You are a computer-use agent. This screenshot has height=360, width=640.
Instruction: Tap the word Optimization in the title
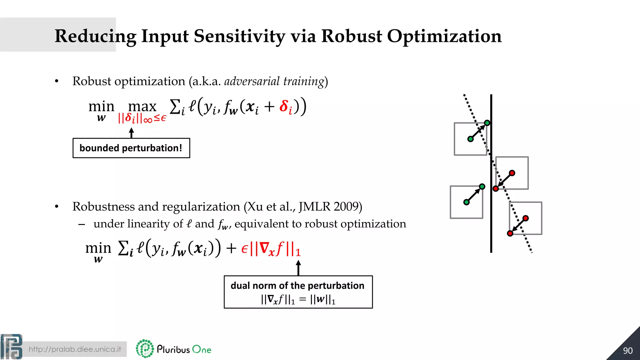[x=444, y=36]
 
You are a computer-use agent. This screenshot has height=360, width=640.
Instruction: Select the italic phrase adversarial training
[x=274, y=81]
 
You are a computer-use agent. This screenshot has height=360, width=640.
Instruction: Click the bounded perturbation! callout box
[x=131, y=148]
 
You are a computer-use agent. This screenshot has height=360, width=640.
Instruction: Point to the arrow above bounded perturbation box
[x=132, y=133]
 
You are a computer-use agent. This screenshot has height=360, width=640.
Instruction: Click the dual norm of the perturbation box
[x=298, y=292]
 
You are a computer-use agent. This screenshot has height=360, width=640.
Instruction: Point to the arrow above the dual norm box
[x=298, y=268]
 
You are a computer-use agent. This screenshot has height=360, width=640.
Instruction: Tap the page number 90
[x=627, y=351]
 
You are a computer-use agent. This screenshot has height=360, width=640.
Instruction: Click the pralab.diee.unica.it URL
[x=75, y=349]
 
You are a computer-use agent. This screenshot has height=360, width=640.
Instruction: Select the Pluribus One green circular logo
[x=145, y=348]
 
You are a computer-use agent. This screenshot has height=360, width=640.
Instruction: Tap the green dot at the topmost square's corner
[x=487, y=123]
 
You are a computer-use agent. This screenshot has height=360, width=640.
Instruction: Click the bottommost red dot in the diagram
[x=510, y=233]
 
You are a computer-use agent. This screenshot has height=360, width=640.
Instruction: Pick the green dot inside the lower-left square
[x=467, y=202]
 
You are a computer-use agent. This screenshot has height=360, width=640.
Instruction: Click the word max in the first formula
[x=142, y=107]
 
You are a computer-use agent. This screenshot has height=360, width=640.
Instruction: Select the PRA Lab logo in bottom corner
[x=12, y=347]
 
